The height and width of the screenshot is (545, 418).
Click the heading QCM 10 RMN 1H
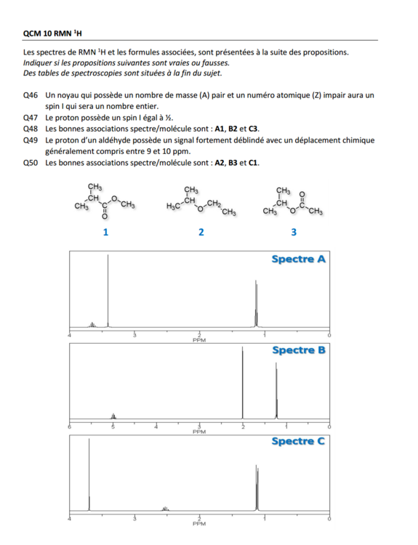pyautogui.click(x=52, y=33)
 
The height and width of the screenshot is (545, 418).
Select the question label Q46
pyautogui.click(x=31, y=95)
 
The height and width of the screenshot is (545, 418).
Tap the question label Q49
pyautogui.click(x=31, y=140)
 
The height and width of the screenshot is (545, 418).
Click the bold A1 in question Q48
pyautogui.click(x=220, y=129)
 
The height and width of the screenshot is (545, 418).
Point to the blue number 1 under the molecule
pyautogui.click(x=105, y=233)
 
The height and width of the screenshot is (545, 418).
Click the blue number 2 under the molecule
pyautogui.click(x=201, y=233)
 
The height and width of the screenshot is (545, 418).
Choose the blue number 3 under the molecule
pyautogui.click(x=294, y=233)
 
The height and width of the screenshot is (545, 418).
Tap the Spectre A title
pyautogui.click(x=298, y=259)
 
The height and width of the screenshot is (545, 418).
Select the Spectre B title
pyautogui.click(x=298, y=350)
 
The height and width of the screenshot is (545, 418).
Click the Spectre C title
pyautogui.click(x=298, y=441)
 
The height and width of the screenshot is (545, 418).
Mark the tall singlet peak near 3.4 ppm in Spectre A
pyautogui.click(x=108, y=291)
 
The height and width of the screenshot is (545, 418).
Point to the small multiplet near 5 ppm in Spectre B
pyautogui.click(x=113, y=416)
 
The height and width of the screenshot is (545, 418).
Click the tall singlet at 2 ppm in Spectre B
pyautogui.click(x=242, y=383)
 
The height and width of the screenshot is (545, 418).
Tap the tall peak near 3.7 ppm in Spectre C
pyautogui.click(x=89, y=475)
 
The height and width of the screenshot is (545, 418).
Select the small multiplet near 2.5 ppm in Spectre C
pyautogui.click(x=166, y=509)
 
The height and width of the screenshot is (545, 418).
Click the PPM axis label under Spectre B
pyautogui.click(x=199, y=432)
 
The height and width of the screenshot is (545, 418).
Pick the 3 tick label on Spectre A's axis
pyautogui.click(x=134, y=336)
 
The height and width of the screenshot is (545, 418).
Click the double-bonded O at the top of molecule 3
pyautogui.click(x=302, y=193)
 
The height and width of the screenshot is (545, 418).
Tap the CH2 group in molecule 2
pyautogui.click(x=214, y=203)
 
